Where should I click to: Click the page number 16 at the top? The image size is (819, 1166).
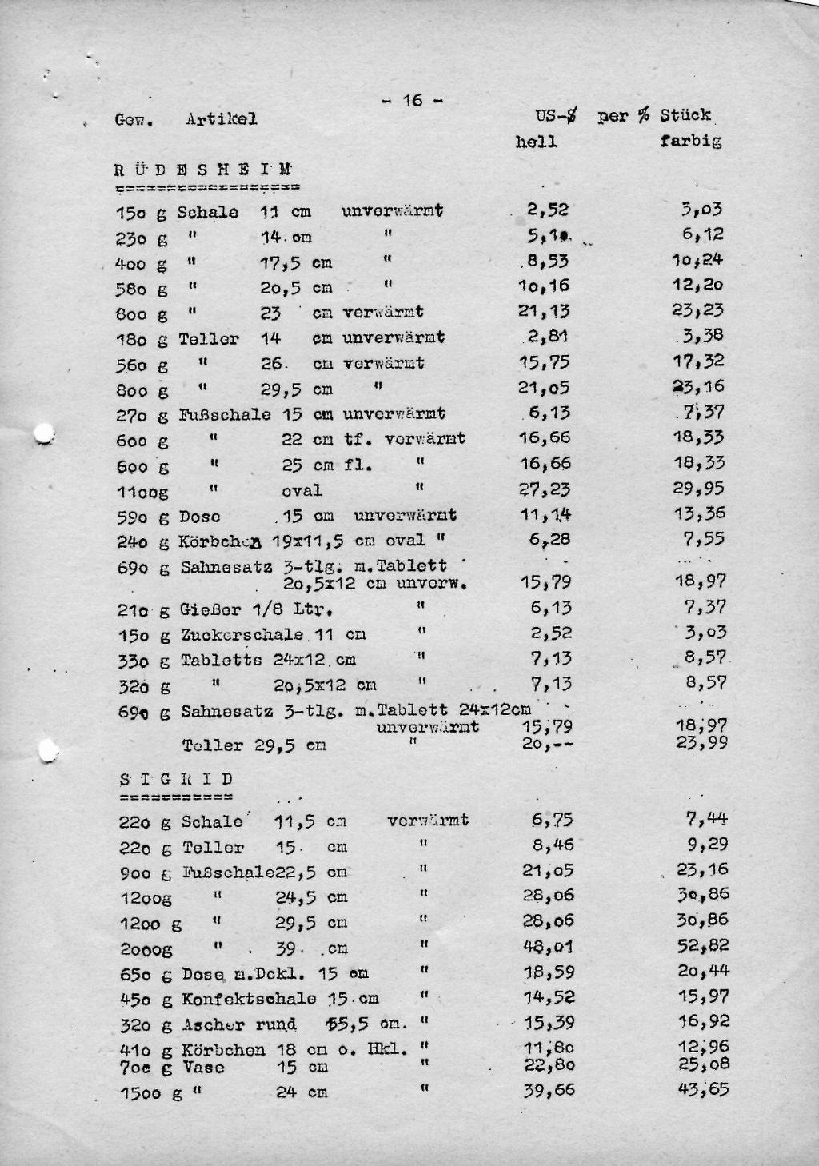pyautogui.click(x=412, y=100)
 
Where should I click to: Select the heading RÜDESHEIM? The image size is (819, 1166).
pyautogui.click(x=203, y=170)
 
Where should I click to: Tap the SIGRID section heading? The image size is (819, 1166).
pyautogui.click(x=176, y=779)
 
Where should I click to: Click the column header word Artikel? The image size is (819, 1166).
pyautogui.click(x=222, y=119)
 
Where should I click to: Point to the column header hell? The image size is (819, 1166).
pyautogui.click(x=536, y=142)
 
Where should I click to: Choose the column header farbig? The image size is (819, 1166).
pyautogui.click(x=691, y=142)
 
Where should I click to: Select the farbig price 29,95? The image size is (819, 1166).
pyautogui.click(x=701, y=489)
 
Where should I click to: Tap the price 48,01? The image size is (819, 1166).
pyautogui.click(x=548, y=947)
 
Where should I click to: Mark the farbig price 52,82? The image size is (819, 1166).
pyautogui.click(x=702, y=945)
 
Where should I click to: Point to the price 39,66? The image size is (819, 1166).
pyautogui.click(x=549, y=1091)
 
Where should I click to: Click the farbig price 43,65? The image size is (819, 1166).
pyautogui.click(x=702, y=1089)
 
